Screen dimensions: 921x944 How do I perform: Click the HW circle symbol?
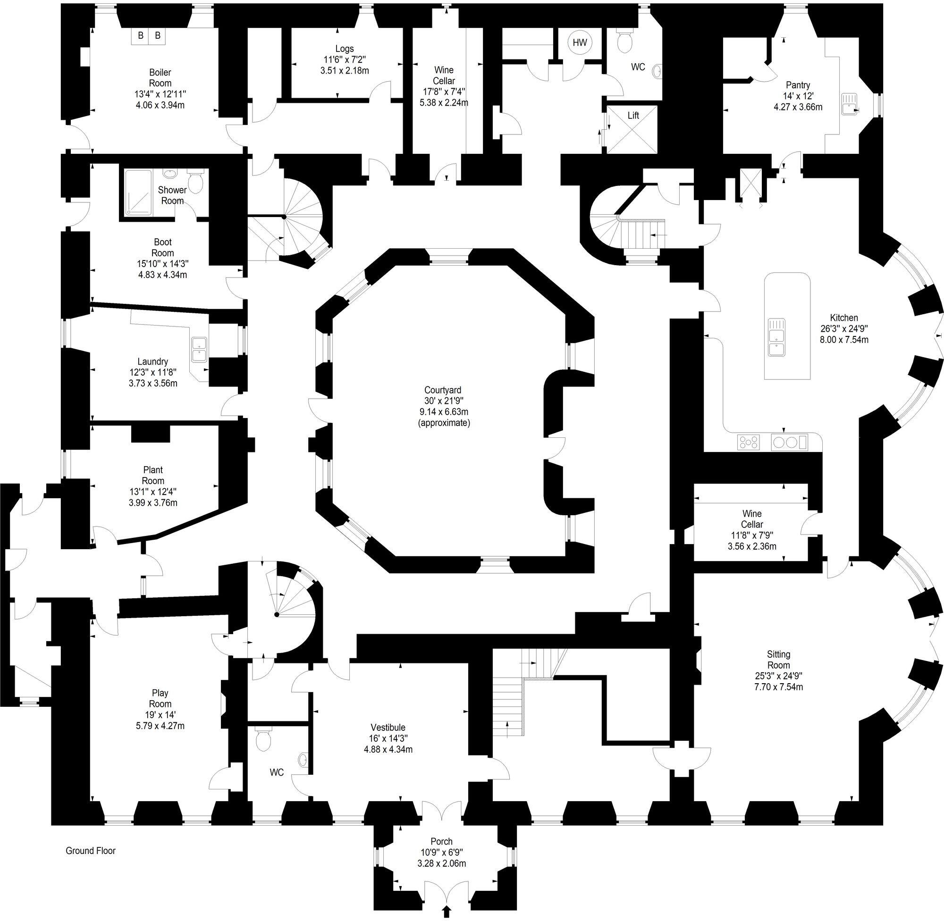pos(580,42)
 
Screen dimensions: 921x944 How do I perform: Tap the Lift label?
pos(633,116)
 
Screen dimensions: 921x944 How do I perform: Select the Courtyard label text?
pos(442,390)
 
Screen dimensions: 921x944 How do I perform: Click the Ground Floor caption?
pos(91,851)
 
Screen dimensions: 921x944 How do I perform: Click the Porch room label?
pos(441,842)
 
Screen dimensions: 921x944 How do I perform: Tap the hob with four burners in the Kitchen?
pos(748,442)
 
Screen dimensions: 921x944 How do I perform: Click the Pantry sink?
pos(850,104)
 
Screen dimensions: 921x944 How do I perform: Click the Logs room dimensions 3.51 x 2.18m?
pos(344,71)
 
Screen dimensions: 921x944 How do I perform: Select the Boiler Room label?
pos(160,77)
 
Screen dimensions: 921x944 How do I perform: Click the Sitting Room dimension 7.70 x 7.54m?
pos(778,687)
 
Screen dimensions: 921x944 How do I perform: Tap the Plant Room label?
pos(153,475)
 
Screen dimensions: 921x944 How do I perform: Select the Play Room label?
pos(160,698)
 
